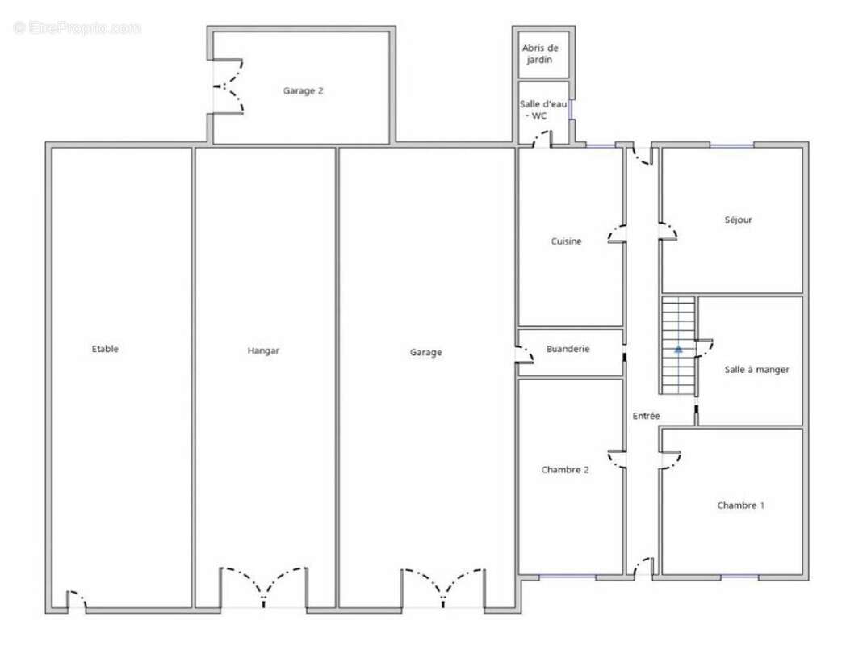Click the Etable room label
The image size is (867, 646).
pyautogui.click(x=105, y=349)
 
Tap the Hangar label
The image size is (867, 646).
pyautogui.click(x=263, y=350)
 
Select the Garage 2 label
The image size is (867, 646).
pyautogui.click(x=303, y=90)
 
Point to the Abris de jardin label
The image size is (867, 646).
pyautogui.click(x=540, y=53)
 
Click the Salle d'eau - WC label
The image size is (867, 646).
pyautogui.click(x=543, y=110)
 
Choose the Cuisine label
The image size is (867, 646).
pyautogui.click(x=566, y=241)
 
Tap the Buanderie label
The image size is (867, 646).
pyautogui.click(x=568, y=349)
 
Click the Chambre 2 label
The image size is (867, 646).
pyautogui.click(x=565, y=470)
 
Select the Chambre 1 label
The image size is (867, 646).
pyautogui.click(x=741, y=505)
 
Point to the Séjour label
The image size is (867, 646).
pyautogui.click(x=738, y=220)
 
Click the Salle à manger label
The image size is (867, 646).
pyautogui.click(x=757, y=370)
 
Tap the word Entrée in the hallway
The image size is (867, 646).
pyautogui.click(x=647, y=416)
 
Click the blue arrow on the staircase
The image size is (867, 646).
pyautogui.click(x=678, y=350)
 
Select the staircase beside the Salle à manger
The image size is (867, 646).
pyautogui.click(x=678, y=346)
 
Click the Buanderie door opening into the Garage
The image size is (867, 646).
pyautogui.click(x=524, y=354)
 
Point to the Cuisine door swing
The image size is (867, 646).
pyautogui.click(x=617, y=234)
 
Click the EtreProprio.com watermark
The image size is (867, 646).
pyautogui.click(x=77, y=27)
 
